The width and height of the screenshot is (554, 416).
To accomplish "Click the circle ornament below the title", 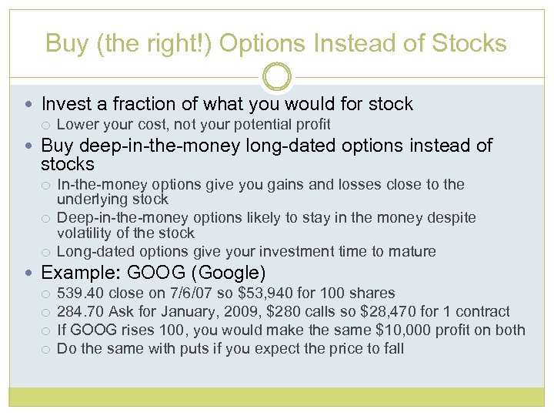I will [277, 77].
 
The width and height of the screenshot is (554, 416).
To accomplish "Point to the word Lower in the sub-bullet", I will [75, 125].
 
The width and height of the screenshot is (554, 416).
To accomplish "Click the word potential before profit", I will [264, 125].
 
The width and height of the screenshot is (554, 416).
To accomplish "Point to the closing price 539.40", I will [80, 294].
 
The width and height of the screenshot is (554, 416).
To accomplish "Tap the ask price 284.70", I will [80, 312].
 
